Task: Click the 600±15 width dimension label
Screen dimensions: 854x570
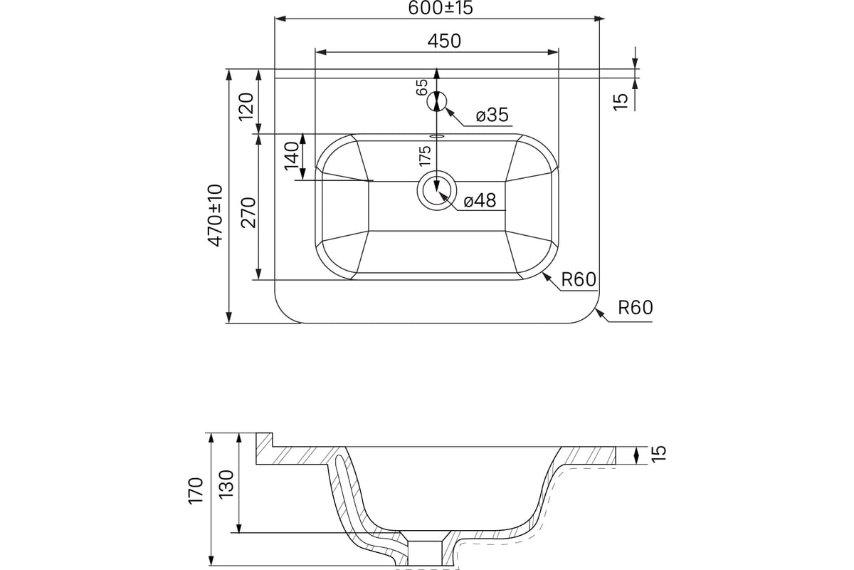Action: [441, 8]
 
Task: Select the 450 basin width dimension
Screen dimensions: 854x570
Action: [444, 41]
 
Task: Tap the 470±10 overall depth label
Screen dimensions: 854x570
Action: [215, 215]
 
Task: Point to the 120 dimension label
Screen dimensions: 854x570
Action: [246, 106]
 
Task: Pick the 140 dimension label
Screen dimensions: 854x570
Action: [292, 156]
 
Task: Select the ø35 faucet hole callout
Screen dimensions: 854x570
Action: [492, 115]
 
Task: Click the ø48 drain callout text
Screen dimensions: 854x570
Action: [480, 200]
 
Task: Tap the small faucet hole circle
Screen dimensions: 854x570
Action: [436, 101]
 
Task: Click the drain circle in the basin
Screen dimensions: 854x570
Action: [436, 190]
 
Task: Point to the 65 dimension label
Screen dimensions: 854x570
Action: [422, 88]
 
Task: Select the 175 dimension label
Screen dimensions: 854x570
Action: [425, 156]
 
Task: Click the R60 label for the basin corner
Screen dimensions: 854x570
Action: [579, 280]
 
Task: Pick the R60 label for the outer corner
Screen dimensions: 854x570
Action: [636, 307]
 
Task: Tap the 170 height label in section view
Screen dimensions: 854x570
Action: [196, 491]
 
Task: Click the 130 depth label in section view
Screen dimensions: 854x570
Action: [226, 484]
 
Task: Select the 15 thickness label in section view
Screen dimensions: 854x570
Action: [659, 453]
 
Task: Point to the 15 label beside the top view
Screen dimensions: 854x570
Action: [621, 102]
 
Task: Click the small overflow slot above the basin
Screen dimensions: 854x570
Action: [437, 135]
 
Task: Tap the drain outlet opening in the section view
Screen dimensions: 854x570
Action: [425, 553]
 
